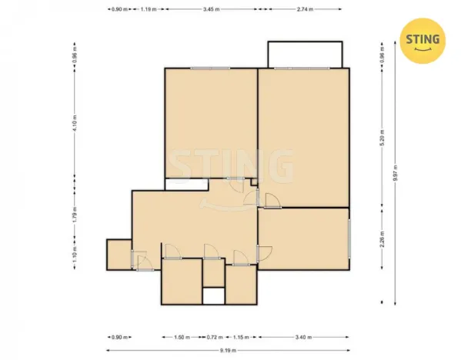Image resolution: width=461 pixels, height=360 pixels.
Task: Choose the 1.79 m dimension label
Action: (x=75, y=212)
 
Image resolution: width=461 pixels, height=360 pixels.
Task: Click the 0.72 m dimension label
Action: (x=213, y=338)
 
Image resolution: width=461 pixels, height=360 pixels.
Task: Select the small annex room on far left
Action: (x=118, y=254)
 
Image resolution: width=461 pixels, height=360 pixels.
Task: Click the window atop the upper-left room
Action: (x=211, y=68)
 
